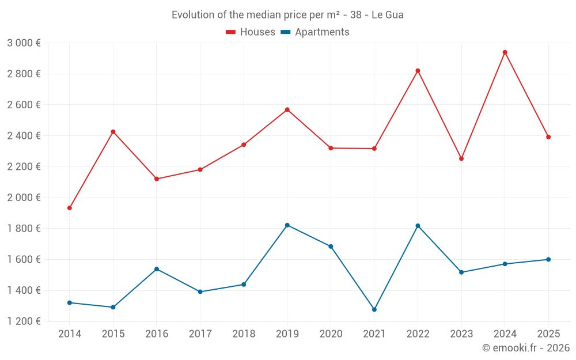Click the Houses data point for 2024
coord(505,52)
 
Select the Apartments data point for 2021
coord(374,309)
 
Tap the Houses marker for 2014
coord(70,208)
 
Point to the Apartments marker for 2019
coord(287,225)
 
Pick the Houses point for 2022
coord(418,71)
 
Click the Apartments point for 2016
coord(157,269)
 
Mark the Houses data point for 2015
coord(113,132)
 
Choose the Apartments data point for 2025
coord(548,259)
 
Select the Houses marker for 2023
coord(461,158)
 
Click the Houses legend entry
coord(251,32)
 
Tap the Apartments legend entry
coord(315,32)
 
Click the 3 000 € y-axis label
coord(24,43)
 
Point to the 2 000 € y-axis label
coord(24,198)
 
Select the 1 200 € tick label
coord(24,321)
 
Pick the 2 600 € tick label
coord(24,105)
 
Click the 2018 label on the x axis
coord(244,334)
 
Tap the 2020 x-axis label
coord(331,334)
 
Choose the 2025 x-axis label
coord(548,334)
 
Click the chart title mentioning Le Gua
coord(287,15)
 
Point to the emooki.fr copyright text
coord(525,348)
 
